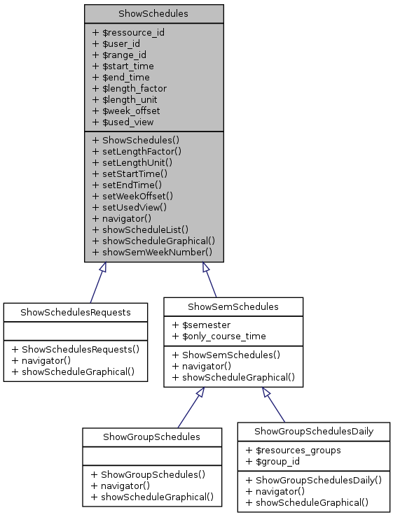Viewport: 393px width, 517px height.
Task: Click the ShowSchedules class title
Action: tap(153, 13)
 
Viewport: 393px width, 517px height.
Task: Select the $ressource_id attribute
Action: tap(128, 32)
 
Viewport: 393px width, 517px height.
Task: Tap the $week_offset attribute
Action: tap(126, 111)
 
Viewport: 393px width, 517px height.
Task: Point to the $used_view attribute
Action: tap(123, 122)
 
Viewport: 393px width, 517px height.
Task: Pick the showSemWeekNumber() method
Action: tap(152, 251)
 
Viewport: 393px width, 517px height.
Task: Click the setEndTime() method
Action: tap(127, 184)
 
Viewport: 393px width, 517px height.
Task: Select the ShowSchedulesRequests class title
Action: tap(76, 311)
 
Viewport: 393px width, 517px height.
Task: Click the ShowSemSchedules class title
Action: tap(233, 306)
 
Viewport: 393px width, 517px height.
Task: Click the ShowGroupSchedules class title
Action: tap(152, 437)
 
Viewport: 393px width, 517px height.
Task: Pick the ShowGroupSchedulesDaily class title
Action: tap(313, 432)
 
